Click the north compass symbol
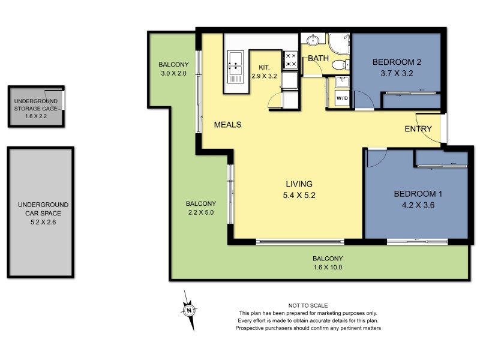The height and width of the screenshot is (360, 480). click(188, 310)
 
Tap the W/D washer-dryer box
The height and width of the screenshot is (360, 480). click(341, 98)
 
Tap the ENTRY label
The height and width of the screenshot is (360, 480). click(418, 129)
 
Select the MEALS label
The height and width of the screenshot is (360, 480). click(227, 125)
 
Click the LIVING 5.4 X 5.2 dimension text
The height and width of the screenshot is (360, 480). click(300, 195)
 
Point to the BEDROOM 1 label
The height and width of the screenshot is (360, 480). click(418, 194)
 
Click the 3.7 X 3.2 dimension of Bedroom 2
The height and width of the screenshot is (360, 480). click(397, 73)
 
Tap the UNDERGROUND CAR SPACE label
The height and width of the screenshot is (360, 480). click(41, 213)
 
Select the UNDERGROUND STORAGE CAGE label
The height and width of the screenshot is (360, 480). click(35, 104)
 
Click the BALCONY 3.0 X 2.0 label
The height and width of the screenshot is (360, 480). click(173, 69)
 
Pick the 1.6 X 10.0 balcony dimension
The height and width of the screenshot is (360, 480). click(328, 268)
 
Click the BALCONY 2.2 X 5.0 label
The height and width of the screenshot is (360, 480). click(200, 208)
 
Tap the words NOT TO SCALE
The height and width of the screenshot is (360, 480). click(308, 305)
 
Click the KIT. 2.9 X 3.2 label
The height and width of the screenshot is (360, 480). click(264, 71)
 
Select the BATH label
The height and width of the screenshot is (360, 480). click(317, 59)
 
